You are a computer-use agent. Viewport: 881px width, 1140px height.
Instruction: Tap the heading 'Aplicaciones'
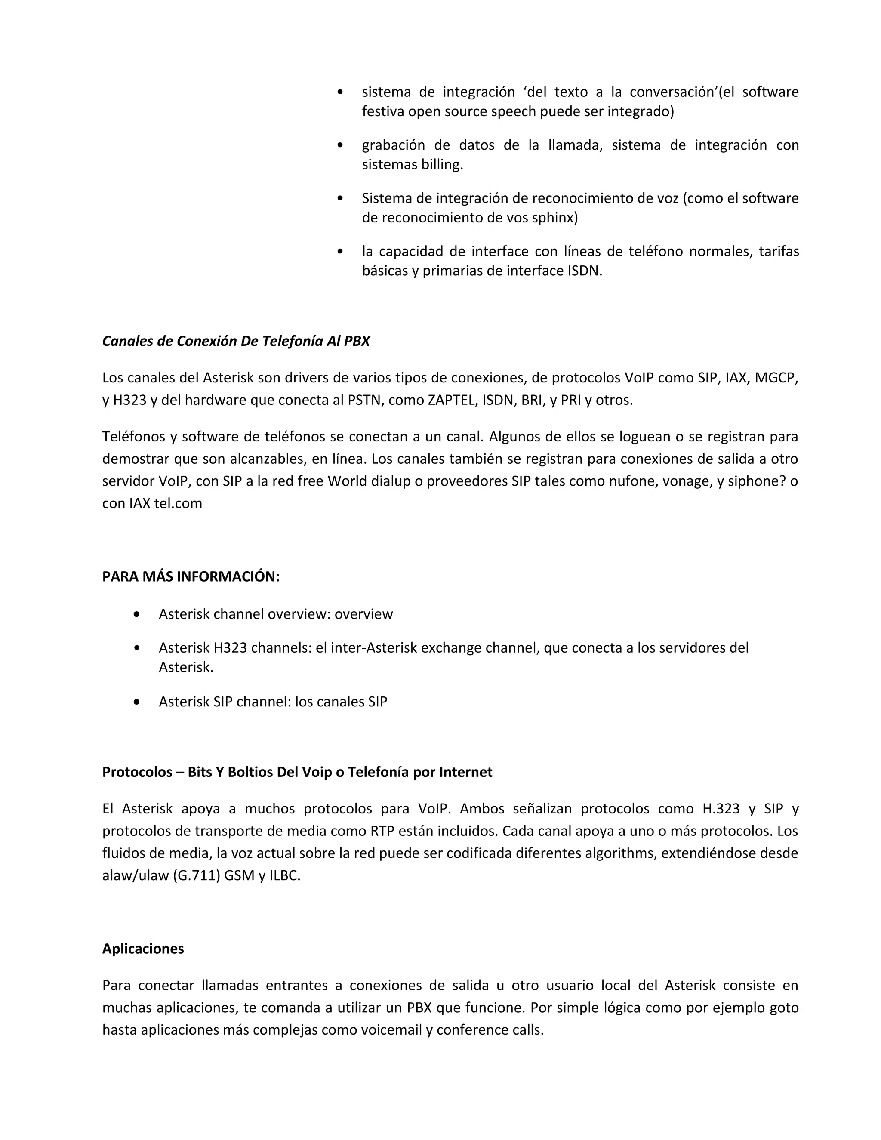tap(143, 949)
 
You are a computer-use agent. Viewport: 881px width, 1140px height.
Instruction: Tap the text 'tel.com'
tap(178, 503)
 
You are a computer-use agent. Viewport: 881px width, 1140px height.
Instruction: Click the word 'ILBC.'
tap(284, 875)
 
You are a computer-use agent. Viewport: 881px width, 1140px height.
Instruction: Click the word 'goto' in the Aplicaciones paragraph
tap(784, 1008)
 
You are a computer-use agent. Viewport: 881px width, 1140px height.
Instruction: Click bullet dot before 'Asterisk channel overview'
tap(137, 614)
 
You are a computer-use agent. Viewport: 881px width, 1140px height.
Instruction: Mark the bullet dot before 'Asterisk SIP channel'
tap(137, 702)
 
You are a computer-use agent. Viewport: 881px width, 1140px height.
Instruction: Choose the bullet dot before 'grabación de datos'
tap(340, 145)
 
